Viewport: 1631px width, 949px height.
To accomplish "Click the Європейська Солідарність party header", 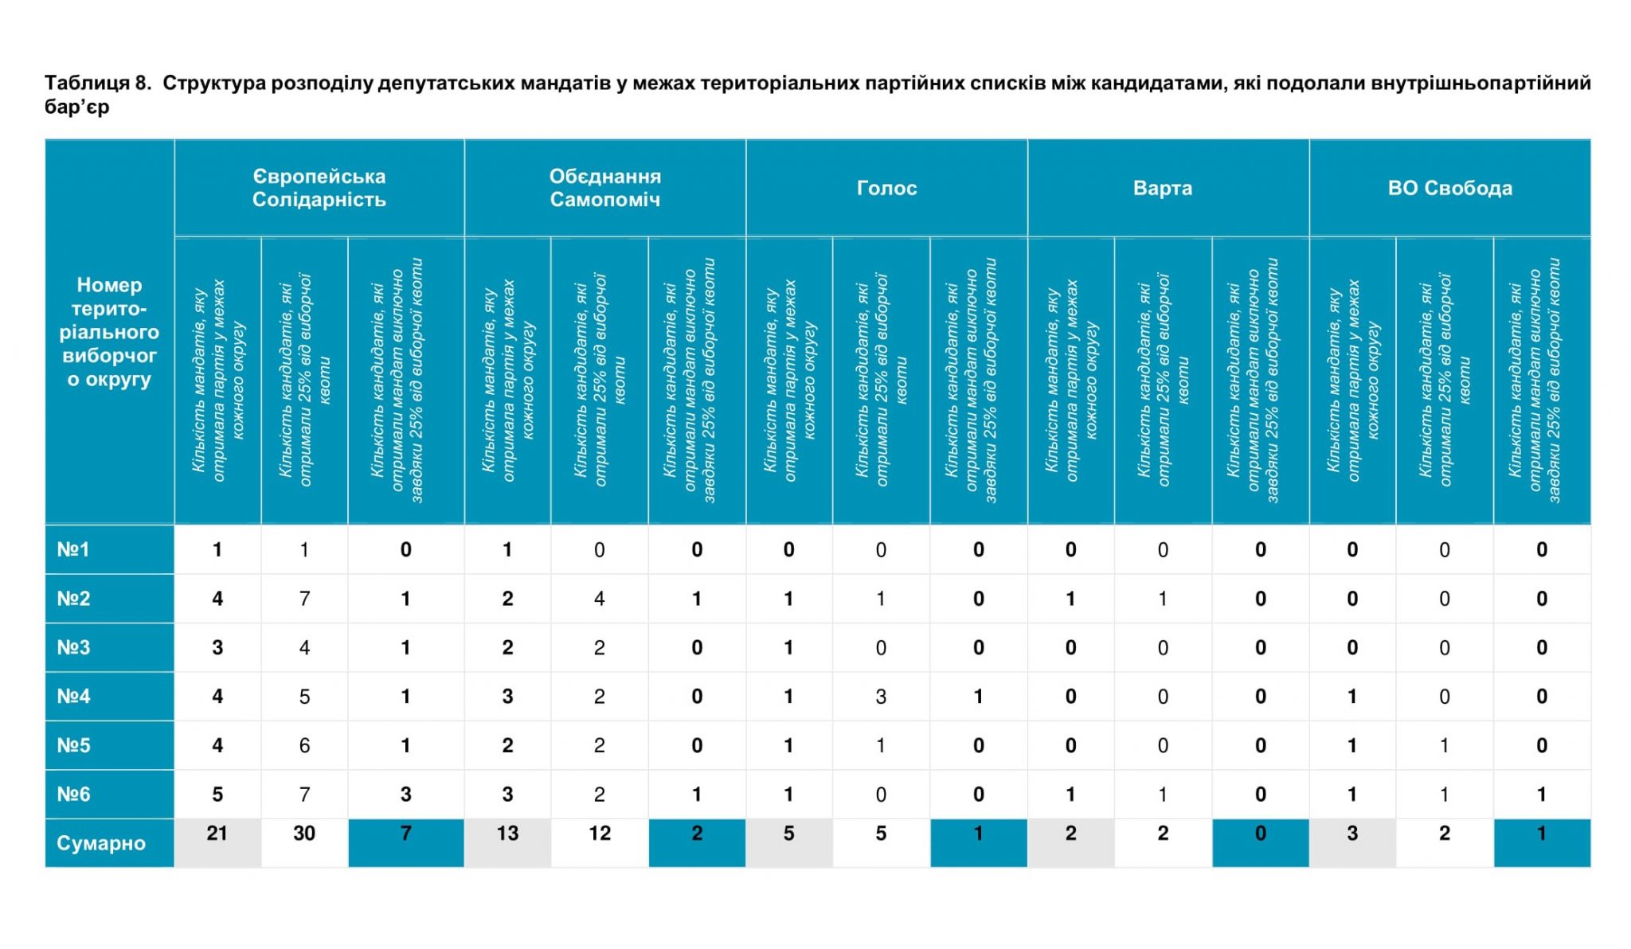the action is point(319,188).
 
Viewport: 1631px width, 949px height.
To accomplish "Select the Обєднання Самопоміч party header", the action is point(605,188).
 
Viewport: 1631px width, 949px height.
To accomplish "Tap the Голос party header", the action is point(887,188).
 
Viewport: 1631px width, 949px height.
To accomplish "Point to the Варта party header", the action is point(1163,188).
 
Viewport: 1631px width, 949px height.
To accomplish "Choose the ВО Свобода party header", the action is point(1450,188).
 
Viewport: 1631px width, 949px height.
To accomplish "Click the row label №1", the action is point(73,549).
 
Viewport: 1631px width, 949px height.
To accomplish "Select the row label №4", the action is point(73,697).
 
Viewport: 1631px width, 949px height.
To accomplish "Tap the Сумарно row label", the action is point(101,843).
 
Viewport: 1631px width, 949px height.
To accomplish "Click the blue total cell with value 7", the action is point(406,842).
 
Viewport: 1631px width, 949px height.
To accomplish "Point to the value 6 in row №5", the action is point(304,745).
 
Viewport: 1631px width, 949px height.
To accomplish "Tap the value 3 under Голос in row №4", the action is point(881,697).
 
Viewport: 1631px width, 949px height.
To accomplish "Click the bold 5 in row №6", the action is point(217,795).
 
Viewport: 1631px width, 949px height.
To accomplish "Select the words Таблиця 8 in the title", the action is point(97,83).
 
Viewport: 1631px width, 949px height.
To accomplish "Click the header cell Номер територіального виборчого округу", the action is point(110,332).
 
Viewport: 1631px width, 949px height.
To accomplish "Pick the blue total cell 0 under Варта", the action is point(1261,842).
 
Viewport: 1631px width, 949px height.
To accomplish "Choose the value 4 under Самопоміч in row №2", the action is point(600,599).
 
